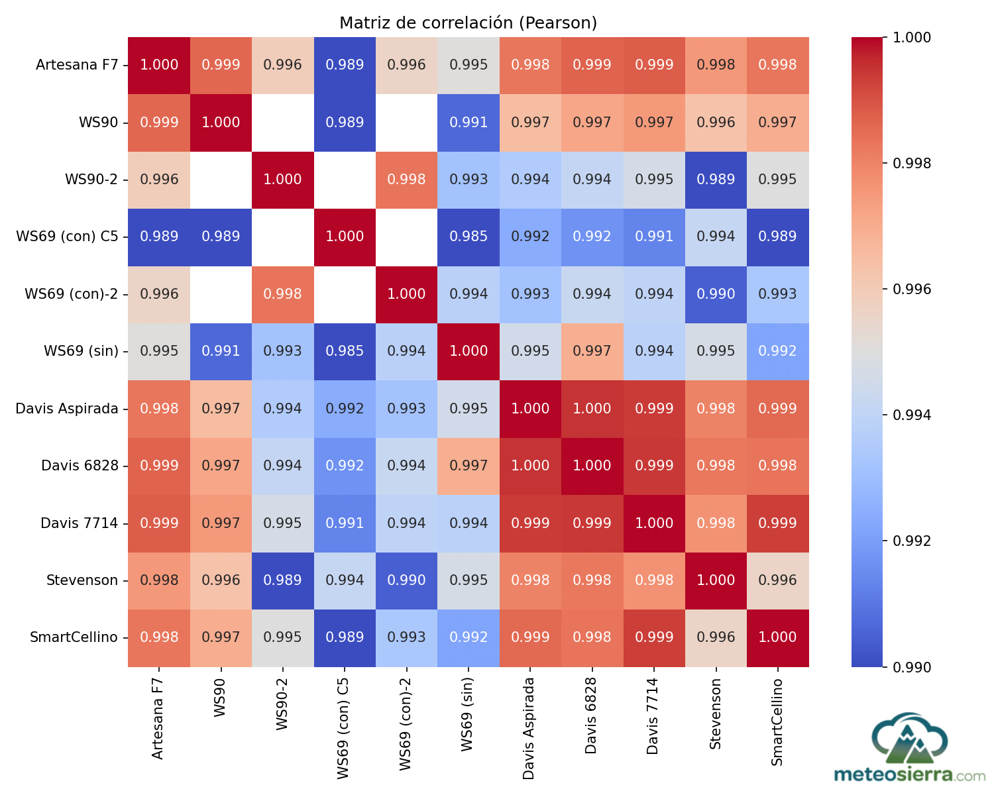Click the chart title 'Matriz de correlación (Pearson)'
click(468, 23)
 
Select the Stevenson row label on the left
click(82, 580)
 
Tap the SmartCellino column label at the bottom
click(777, 721)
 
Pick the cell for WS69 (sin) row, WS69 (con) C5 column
click(345, 351)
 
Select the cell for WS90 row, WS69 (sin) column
click(469, 123)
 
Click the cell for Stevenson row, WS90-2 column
click(283, 580)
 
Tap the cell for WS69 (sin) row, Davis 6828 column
click(592, 351)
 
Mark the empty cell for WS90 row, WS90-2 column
click(283, 123)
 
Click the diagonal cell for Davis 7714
click(654, 523)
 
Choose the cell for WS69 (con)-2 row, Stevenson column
click(716, 294)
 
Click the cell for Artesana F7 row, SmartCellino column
click(777, 65)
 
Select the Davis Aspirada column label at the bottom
click(529, 728)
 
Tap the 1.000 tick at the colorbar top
click(912, 38)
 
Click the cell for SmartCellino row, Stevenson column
click(716, 637)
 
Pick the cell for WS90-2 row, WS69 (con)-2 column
click(406, 180)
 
